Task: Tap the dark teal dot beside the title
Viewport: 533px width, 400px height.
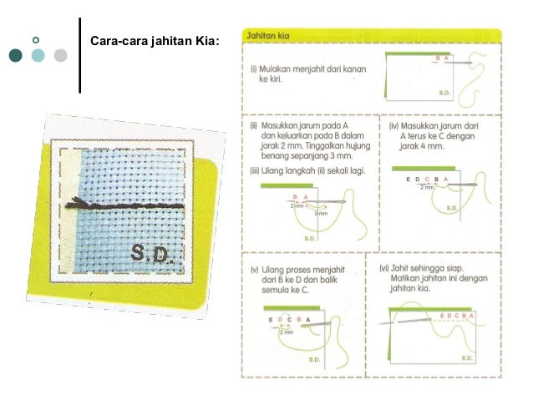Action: pyautogui.click(x=17, y=56)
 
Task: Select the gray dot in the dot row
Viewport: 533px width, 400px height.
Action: pyautogui.click(x=59, y=56)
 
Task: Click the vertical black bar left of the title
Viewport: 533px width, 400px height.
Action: pyautogui.click(x=80, y=54)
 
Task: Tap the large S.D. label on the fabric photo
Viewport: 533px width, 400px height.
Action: pyautogui.click(x=150, y=253)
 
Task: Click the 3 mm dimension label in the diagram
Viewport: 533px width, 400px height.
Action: pyautogui.click(x=321, y=213)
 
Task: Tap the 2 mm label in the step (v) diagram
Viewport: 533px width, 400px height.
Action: pyautogui.click(x=287, y=332)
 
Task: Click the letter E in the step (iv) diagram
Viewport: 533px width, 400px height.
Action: pyautogui.click(x=408, y=180)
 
